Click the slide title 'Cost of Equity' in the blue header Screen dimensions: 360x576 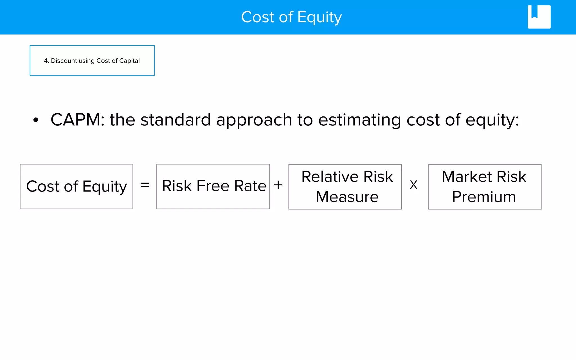pyautogui.click(x=291, y=17)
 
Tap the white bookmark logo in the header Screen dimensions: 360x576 pyautogui.click(x=539, y=17)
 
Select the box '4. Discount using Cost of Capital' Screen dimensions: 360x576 pyautogui.click(x=92, y=61)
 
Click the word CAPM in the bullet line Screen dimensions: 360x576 pyautogui.click(x=75, y=120)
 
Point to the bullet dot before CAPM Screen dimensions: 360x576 pyautogui.click(x=35, y=120)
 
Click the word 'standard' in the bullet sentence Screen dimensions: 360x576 pyautogui.click(x=175, y=120)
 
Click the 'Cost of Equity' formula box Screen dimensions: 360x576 pyautogui.click(x=76, y=186)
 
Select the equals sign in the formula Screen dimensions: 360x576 pyautogui.click(x=145, y=185)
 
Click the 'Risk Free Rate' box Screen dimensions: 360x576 pyautogui.click(x=213, y=186)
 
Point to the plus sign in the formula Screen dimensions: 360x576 pyautogui.click(x=278, y=185)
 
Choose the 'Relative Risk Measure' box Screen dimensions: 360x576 pyautogui.click(x=345, y=187)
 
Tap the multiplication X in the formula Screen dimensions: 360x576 pyautogui.click(x=413, y=185)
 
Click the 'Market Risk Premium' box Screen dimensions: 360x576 pyautogui.click(x=485, y=187)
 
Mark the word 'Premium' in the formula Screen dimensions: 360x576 pyautogui.click(x=484, y=197)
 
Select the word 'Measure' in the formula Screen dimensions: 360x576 pyautogui.click(x=347, y=197)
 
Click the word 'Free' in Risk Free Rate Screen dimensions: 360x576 pyautogui.click(x=213, y=186)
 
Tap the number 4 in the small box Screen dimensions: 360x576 pyautogui.click(x=46, y=61)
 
